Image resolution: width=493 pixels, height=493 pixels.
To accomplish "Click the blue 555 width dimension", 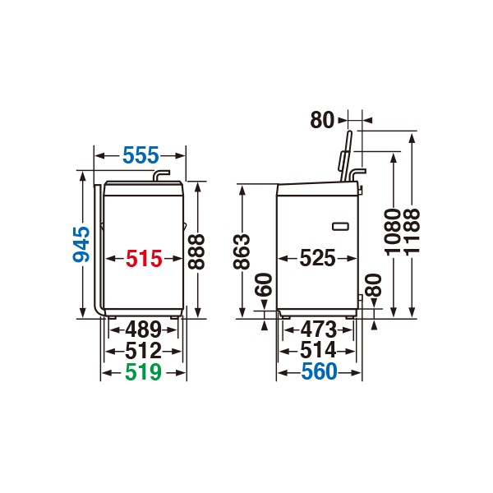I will pyautogui.click(x=141, y=154).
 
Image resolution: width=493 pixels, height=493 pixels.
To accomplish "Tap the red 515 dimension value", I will pyautogui.click(x=143, y=259).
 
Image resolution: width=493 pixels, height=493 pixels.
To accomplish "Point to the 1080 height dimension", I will pyautogui.click(x=394, y=233).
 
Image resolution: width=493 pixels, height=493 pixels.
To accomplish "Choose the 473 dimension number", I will pyautogui.click(x=318, y=330).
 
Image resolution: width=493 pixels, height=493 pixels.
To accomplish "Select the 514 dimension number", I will pyautogui.click(x=318, y=351).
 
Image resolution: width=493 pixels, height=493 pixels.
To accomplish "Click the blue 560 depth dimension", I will pyautogui.click(x=318, y=372).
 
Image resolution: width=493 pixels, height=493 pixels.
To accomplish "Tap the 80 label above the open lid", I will pyautogui.click(x=322, y=120).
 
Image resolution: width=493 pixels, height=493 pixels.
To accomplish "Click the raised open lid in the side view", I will pyautogui.click(x=348, y=156).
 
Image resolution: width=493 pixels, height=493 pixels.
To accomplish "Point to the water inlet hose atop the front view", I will pyautogui.click(x=161, y=175).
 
